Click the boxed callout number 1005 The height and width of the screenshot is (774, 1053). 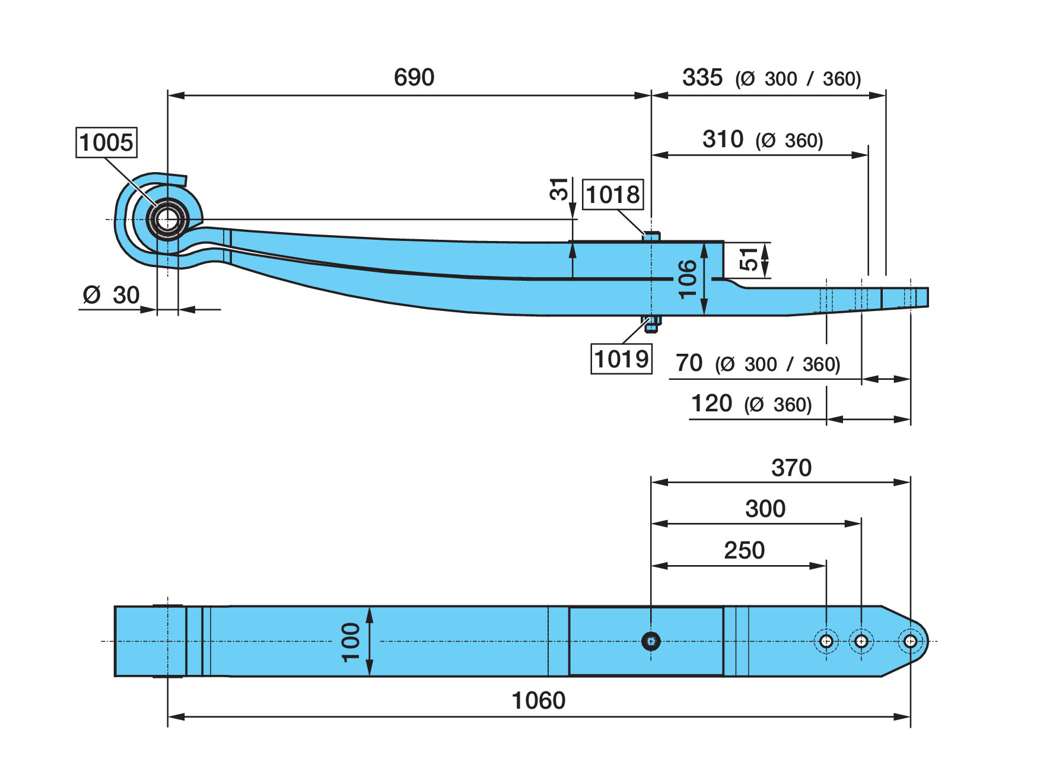(x=107, y=142)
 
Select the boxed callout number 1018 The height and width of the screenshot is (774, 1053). (x=613, y=194)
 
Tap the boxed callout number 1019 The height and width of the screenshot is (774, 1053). (x=621, y=359)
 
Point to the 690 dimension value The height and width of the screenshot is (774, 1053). (x=414, y=77)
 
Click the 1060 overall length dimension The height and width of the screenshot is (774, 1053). (x=539, y=700)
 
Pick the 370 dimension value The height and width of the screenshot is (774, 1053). (x=791, y=468)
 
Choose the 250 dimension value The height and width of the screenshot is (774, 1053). (x=745, y=550)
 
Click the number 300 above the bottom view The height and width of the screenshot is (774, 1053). (x=765, y=509)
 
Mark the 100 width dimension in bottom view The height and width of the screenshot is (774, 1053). (x=351, y=642)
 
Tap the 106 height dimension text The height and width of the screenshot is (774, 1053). (x=687, y=278)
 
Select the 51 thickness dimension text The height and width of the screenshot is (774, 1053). (x=749, y=259)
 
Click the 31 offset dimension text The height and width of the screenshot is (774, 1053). (x=559, y=189)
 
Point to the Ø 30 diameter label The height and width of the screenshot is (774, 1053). (x=112, y=295)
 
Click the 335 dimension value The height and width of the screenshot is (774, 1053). (x=702, y=77)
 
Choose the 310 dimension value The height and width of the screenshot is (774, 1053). (x=723, y=139)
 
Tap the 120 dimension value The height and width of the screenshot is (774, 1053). (x=712, y=404)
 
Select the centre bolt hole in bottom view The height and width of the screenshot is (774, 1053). (x=651, y=641)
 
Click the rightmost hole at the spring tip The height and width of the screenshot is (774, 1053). (x=910, y=641)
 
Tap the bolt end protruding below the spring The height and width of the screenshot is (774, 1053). (x=651, y=323)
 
